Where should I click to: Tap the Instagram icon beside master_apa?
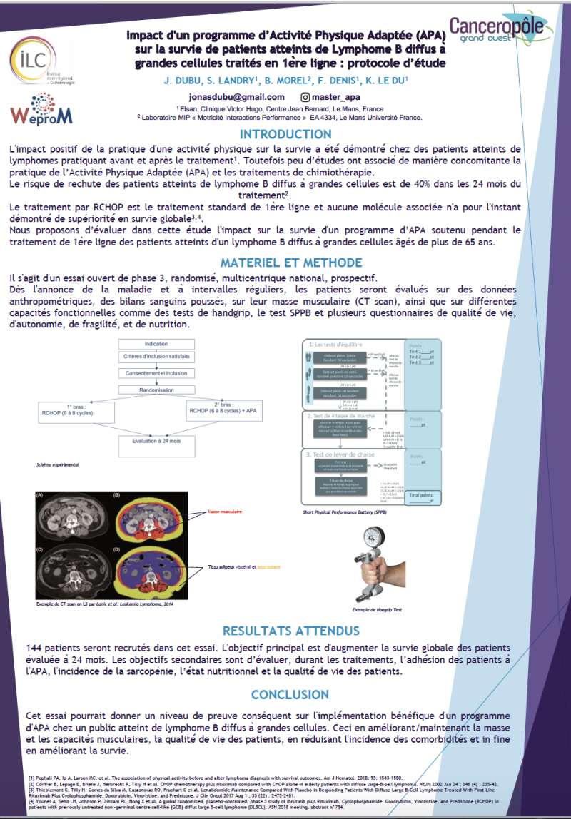(x=305, y=97)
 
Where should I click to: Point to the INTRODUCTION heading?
(x=285, y=134)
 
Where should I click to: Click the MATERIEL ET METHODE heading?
(x=285, y=263)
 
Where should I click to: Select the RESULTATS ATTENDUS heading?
(x=290, y=631)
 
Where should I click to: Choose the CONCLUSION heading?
(x=290, y=694)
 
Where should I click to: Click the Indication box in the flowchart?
(x=156, y=344)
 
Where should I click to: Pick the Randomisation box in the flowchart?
(x=156, y=391)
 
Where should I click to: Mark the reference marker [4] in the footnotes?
(x=31, y=800)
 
